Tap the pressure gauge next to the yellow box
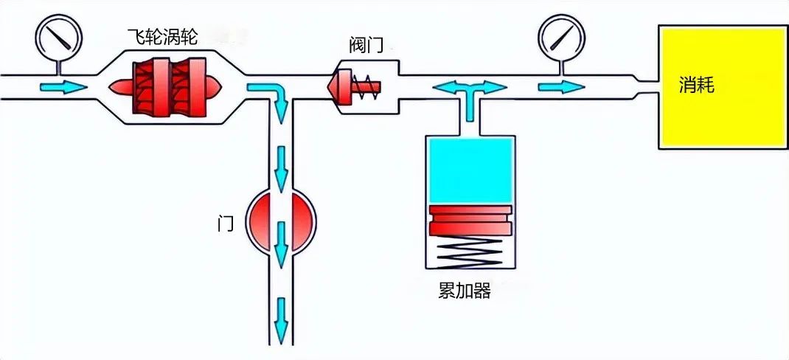(559, 35)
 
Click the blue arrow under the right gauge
(557, 87)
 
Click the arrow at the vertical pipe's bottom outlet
(281, 317)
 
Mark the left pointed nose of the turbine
(118, 87)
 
